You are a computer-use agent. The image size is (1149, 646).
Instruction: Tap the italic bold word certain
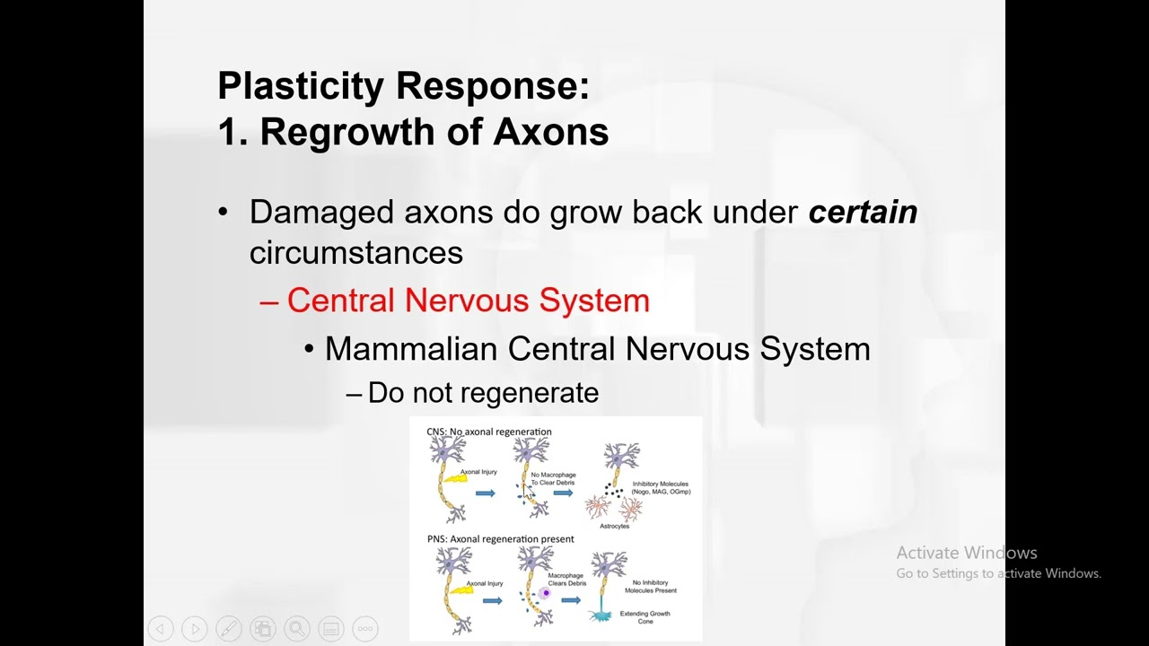pos(863,213)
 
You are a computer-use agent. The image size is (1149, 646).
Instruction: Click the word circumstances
pos(355,253)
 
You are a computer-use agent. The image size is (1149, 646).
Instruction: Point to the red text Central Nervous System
pos(468,301)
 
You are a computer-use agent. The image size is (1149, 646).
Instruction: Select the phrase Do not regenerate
pos(483,393)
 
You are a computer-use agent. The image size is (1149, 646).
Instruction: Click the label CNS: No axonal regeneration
pos(488,432)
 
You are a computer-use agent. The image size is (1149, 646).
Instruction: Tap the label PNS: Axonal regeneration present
pos(500,539)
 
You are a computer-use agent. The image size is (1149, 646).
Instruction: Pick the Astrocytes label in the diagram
pos(614,527)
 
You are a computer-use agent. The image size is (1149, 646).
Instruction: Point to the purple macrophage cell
pos(544,593)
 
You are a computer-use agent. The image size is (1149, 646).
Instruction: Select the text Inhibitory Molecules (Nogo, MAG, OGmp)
pos(661,488)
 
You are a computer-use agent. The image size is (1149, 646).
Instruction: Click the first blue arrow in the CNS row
pos(486,493)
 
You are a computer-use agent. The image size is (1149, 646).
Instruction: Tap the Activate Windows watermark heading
pos(966,553)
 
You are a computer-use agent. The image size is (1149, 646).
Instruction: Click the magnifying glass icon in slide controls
pos(296,629)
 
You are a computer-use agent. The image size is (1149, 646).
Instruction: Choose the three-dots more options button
pos(365,629)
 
